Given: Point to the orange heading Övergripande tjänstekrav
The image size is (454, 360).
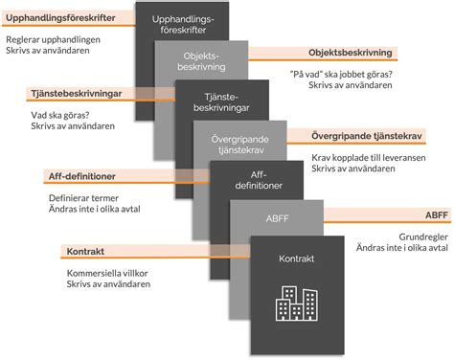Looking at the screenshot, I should pos(369,134).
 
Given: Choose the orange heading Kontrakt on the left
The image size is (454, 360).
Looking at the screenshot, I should pos(85,252).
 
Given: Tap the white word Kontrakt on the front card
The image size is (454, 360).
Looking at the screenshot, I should pos(296,259).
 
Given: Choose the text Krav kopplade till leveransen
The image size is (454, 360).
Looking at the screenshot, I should pos(365,155).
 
